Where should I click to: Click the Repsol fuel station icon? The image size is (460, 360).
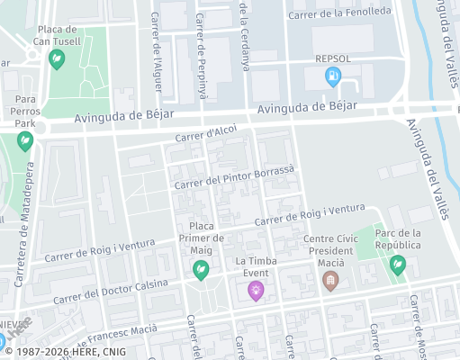pyautogui.click(x=332, y=77)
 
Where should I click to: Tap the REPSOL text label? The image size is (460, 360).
pyautogui.click(x=332, y=59)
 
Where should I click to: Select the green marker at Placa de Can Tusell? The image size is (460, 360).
pyautogui.click(x=57, y=59)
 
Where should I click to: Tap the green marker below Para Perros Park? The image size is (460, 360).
pyautogui.click(x=24, y=140)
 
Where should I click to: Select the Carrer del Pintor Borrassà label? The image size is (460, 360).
pyautogui.click(x=234, y=176)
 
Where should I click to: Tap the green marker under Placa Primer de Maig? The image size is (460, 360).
pyautogui.click(x=201, y=268)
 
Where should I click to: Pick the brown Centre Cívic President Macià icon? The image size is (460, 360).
pyautogui.click(x=330, y=281)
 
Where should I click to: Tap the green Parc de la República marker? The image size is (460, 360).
pyautogui.click(x=397, y=265)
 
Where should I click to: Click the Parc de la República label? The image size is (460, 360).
pyautogui.click(x=397, y=238)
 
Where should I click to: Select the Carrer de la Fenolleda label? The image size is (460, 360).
pyautogui.click(x=339, y=13)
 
